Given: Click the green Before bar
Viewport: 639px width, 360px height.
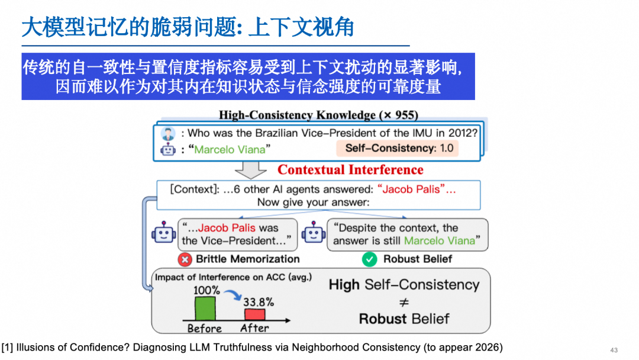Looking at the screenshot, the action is point(205,308).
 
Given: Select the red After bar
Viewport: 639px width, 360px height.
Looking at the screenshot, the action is point(254,314).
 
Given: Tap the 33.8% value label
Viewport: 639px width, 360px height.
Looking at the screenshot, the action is point(259,302).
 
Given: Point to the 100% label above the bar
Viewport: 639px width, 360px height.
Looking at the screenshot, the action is point(206,290).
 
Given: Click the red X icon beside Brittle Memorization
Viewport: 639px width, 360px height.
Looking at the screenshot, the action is point(185,259).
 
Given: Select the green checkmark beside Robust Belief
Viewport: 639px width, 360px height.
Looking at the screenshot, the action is point(370,259).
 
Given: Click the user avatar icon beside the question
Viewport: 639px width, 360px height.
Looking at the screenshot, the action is point(168,133).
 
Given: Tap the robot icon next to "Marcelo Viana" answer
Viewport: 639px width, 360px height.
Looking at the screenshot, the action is point(168,150).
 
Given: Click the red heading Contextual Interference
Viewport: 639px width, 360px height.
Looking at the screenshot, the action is point(350,169).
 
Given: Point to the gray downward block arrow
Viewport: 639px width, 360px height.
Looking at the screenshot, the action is point(251,170).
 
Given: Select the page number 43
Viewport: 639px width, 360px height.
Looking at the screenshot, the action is point(614,350).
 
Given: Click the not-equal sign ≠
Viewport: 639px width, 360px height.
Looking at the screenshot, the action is point(404,302).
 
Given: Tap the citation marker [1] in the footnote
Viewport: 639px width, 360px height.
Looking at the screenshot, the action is point(7,348).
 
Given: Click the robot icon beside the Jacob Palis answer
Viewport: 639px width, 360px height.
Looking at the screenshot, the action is point(164,233).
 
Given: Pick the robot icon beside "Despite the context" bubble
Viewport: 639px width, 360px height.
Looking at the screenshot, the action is point(314,233).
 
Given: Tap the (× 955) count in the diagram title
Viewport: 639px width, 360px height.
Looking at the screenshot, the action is point(399,115).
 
